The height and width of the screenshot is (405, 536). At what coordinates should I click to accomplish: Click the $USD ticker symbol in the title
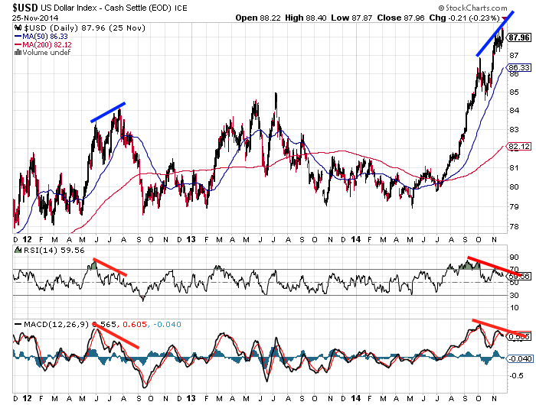[21, 8]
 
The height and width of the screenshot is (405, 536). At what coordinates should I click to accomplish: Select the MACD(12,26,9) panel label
[54, 324]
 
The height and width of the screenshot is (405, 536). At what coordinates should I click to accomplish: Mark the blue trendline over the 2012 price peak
[107, 112]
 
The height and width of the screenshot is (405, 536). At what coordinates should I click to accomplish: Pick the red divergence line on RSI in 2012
[109, 267]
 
